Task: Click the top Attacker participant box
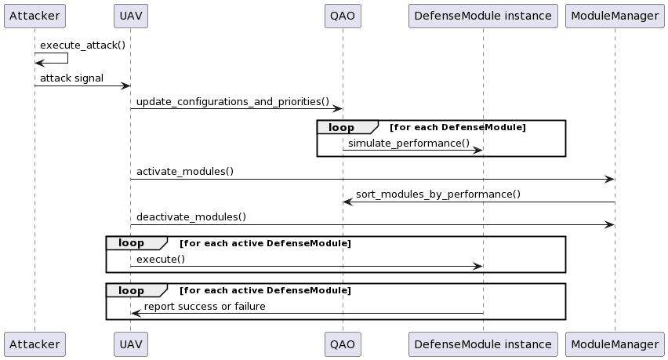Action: click(x=34, y=16)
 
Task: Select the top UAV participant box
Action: click(x=130, y=16)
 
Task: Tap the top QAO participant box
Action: click(x=342, y=16)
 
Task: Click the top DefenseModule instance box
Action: click(x=482, y=16)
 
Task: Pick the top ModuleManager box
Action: click(x=615, y=16)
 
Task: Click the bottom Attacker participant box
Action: click(x=34, y=344)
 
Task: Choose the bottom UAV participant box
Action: click(x=130, y=344)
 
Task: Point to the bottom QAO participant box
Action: click(x=342, y=344)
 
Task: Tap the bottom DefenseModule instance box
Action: click(x=482, y=344)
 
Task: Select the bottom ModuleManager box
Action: click(x=615, y=344)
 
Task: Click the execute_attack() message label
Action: click(x=82, y=45)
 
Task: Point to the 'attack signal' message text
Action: click(x=71, y=78)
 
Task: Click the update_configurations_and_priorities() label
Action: click(x=232, y=102)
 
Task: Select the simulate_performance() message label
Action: click(x=408, y=143)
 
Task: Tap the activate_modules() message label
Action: click(x=184, y=171)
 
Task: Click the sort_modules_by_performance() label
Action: click(x=437, y=195)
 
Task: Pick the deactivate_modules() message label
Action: click(x=191, y=217)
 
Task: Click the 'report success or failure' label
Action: click(x=205, y=306)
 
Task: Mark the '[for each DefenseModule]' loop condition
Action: click(x=458, y=127)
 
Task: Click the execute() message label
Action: click(x=161, y=259)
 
